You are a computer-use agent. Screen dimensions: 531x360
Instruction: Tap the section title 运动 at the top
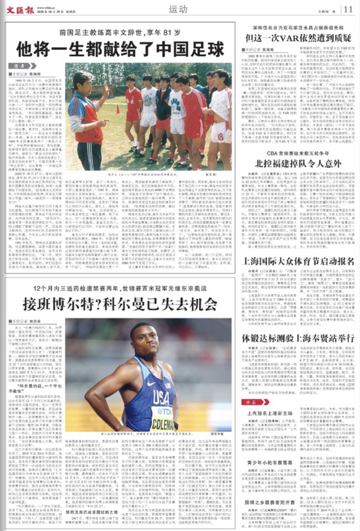point(178,9)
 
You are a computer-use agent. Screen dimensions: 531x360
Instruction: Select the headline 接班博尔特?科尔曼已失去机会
point(120,304)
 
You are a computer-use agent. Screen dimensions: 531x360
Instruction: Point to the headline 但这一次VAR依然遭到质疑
point(298,38)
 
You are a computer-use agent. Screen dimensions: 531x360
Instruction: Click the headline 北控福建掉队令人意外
point(298,164)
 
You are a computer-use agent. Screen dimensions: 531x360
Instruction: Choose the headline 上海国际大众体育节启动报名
point(298,261)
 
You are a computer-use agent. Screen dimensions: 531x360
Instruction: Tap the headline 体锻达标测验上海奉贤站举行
point(298,338)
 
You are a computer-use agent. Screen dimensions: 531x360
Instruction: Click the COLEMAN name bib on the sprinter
point(163,424)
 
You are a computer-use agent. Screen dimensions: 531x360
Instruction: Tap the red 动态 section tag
point(255,402)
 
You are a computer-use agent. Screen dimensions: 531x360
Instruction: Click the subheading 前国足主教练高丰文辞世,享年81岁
point(120,33)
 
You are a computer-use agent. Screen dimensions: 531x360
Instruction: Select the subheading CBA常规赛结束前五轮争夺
point(298,153)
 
